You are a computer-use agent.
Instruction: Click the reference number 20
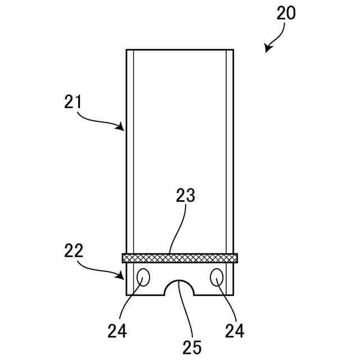tap(286, 13)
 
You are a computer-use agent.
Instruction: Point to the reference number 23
tap(185, 196)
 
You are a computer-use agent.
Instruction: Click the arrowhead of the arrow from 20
tap(267, 51)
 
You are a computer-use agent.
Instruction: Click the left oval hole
tap(143, 277)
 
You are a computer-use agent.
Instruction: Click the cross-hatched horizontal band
tap(180, 258)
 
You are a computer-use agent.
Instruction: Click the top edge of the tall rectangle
tap(179, 49)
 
